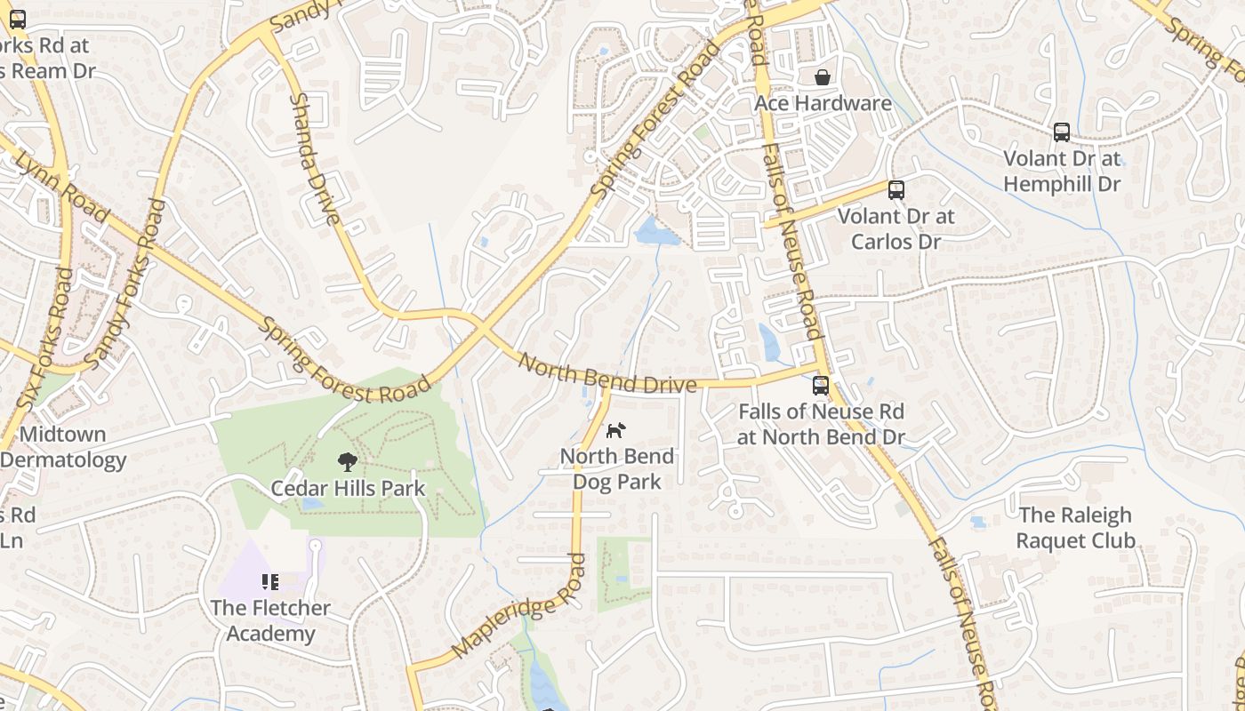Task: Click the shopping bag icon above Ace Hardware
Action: [823, 77]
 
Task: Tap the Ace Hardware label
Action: [823, 103]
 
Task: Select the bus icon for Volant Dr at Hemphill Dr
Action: [1061, 132]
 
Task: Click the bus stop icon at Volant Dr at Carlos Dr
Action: [896, 190]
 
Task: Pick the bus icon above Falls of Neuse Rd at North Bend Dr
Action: [820, 386]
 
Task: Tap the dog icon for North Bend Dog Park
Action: [615, 430]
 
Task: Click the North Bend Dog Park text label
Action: [617, 469]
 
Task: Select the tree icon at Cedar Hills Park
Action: [348, 461]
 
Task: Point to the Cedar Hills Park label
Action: [348, 488]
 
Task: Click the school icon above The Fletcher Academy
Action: [270, 582]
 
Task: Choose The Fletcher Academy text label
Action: [270, 620]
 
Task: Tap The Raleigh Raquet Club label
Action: [1075, 528]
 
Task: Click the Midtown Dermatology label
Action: [63, 447]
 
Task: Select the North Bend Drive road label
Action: [606, 374]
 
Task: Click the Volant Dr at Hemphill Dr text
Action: [1062, 172]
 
